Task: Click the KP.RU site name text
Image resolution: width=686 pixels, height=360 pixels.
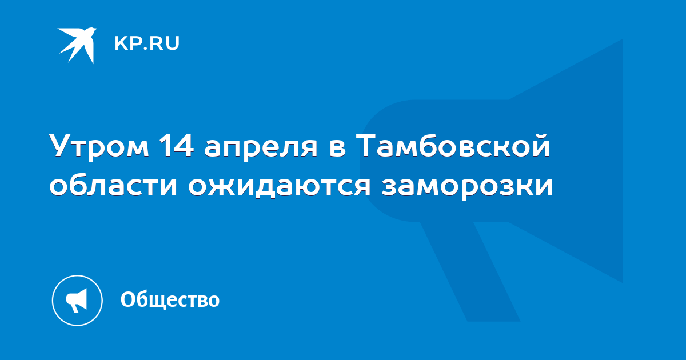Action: (x=147, y=43)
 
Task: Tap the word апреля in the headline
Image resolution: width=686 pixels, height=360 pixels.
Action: (x=261, y=148)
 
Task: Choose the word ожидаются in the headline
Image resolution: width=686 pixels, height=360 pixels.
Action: (x=280, y=186)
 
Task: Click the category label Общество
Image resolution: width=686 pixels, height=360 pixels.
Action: (x=170, y=299)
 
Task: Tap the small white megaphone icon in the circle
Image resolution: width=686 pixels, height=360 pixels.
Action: (x=77, y=300)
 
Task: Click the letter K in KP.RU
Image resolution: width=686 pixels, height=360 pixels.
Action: (x=121, y=43)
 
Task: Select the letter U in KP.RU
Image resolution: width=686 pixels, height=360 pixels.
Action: (x=173, y=43)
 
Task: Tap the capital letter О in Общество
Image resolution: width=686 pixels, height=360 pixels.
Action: (x=128, y=299)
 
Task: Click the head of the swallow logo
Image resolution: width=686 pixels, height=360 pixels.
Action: (x=91, y=31)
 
